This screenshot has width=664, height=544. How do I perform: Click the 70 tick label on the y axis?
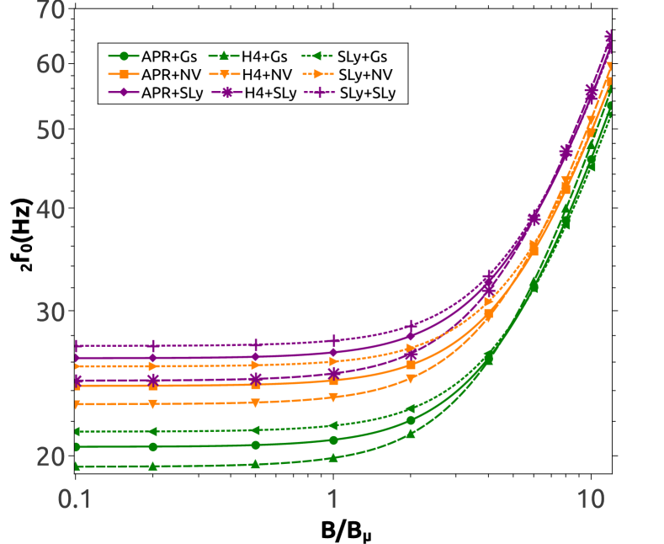51,12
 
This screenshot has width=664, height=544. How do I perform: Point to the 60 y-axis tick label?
51,64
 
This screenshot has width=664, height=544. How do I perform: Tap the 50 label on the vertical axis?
51,131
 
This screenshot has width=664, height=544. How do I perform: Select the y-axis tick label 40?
51,210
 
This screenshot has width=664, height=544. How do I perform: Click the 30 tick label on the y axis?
51,313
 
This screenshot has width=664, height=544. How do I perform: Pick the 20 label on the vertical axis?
51,457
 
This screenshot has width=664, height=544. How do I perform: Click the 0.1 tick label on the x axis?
74,499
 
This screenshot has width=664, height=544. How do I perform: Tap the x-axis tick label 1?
333,499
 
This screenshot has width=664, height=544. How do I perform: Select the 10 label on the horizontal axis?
591,499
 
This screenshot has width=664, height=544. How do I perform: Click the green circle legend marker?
124,56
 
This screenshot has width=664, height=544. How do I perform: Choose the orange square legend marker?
124,74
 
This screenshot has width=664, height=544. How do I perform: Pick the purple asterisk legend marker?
227,92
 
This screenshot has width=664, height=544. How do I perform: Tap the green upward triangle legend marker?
224,56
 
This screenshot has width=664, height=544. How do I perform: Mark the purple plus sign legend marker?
319,92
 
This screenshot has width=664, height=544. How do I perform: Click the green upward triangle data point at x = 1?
333,458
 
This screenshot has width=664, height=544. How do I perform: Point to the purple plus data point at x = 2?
411,325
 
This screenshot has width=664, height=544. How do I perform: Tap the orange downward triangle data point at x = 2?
411,379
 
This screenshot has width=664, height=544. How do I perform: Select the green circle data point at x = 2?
411,420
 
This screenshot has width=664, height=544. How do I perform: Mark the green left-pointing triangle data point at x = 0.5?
256,430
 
